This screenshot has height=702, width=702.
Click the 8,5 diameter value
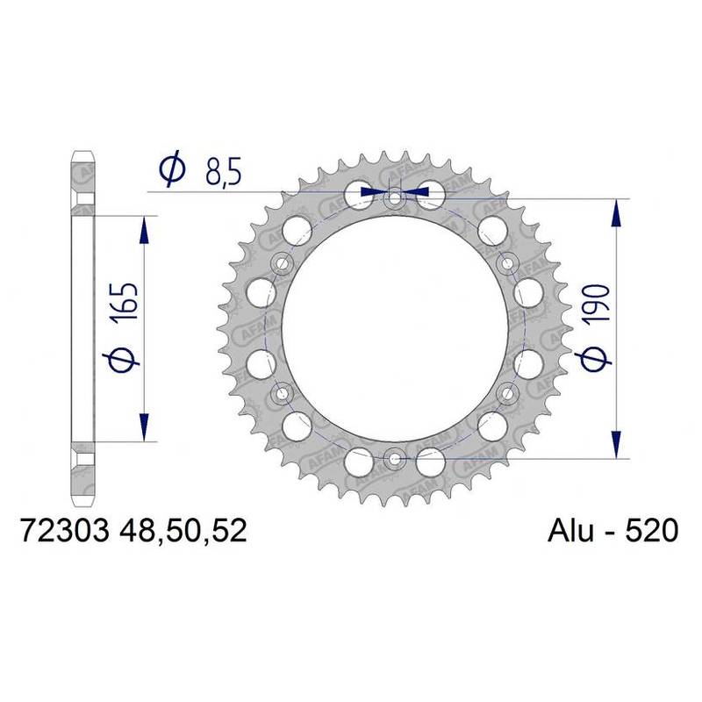point(224,170)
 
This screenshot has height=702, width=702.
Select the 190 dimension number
point(597,302)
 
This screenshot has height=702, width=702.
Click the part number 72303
point(65,532)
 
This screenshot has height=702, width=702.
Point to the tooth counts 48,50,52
point(183,532)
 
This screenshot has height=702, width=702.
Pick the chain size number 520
point(651,531)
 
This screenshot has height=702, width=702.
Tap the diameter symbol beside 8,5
point(172,168)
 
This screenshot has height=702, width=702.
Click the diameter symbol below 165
point(121,357)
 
